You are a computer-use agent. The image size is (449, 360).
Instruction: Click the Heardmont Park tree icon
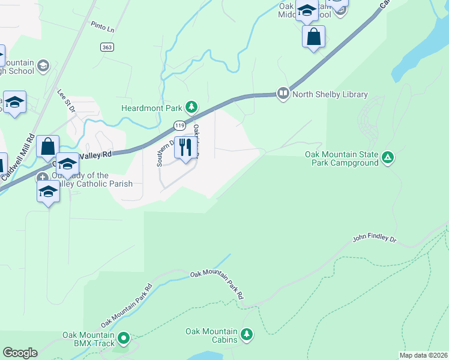click(x=191, y=107)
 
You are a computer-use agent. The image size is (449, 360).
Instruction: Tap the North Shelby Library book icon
click(x=283, y=93)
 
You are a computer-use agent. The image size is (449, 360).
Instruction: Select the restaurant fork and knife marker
click(x=185, y=147)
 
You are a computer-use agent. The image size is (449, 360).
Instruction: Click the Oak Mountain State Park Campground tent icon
click(x=388, y=158)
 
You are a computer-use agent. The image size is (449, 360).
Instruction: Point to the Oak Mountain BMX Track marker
click(x=124, y=338)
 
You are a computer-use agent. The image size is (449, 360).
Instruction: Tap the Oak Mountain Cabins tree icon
click(x=246, y=334)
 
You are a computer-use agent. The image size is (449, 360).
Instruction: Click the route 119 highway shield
click(x=179, y=125)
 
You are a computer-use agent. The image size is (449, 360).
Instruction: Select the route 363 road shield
click(x=107, y=47)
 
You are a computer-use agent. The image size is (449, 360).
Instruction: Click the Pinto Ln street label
click(x=102, y=27)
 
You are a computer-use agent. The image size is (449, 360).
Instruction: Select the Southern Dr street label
click(x=161, y=153)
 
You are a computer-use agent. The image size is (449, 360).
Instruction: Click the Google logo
click(x=20, y=353)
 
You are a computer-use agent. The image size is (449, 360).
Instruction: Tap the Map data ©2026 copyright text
click(x=423, y=355)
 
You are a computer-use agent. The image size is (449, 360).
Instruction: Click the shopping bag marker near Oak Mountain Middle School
click(x=313, y=37)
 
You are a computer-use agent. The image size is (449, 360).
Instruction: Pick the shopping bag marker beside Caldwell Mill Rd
click(x=47, y=146)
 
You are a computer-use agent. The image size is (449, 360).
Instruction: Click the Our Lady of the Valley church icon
click(x=43, y=178)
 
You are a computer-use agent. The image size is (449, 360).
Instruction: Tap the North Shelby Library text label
click(x=330, y=94)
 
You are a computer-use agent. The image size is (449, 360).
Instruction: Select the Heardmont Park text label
click(x=151, y=108)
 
